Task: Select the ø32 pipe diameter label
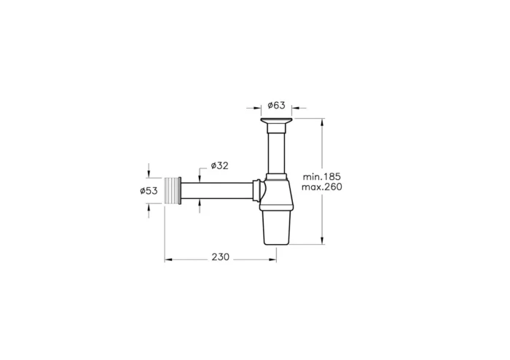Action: click(219, 165)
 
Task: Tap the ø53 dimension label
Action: click(149, 191)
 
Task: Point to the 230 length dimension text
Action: click(220, 257)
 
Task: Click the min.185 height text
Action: click(323, 177)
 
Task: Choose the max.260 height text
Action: click(323, 188)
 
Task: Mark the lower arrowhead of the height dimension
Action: click(322, 243)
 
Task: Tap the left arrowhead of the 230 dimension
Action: click(168, 257)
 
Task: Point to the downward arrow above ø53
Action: click(149, 175)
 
